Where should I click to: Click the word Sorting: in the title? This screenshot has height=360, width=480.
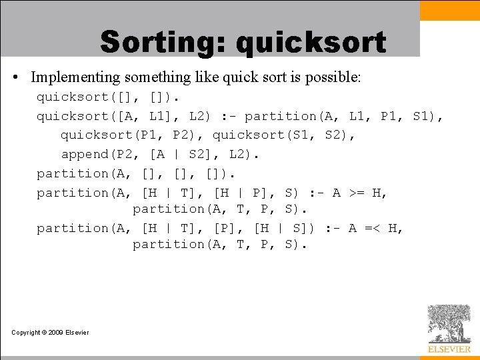click(x=164, y=43)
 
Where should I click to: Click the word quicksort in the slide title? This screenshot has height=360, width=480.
click(x=311, y=43)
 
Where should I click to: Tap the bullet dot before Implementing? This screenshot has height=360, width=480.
click(x=15, y=78)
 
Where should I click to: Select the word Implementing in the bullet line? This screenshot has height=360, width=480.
click(x=75, y=77)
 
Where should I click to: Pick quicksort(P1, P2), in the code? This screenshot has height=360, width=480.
click(x=133, y=135)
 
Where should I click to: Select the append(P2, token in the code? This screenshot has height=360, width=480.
click(x=101, y=155)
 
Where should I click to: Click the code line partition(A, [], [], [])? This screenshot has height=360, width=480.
click(x=136, y=174)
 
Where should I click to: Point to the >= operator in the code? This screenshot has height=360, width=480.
click(x=357, y=193)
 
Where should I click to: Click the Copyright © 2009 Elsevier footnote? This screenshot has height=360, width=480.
click(x=50, y=333)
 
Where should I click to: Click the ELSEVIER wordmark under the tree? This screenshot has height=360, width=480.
click(x=449, y=349)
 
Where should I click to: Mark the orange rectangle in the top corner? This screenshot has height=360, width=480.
click(x=450, y=10)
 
